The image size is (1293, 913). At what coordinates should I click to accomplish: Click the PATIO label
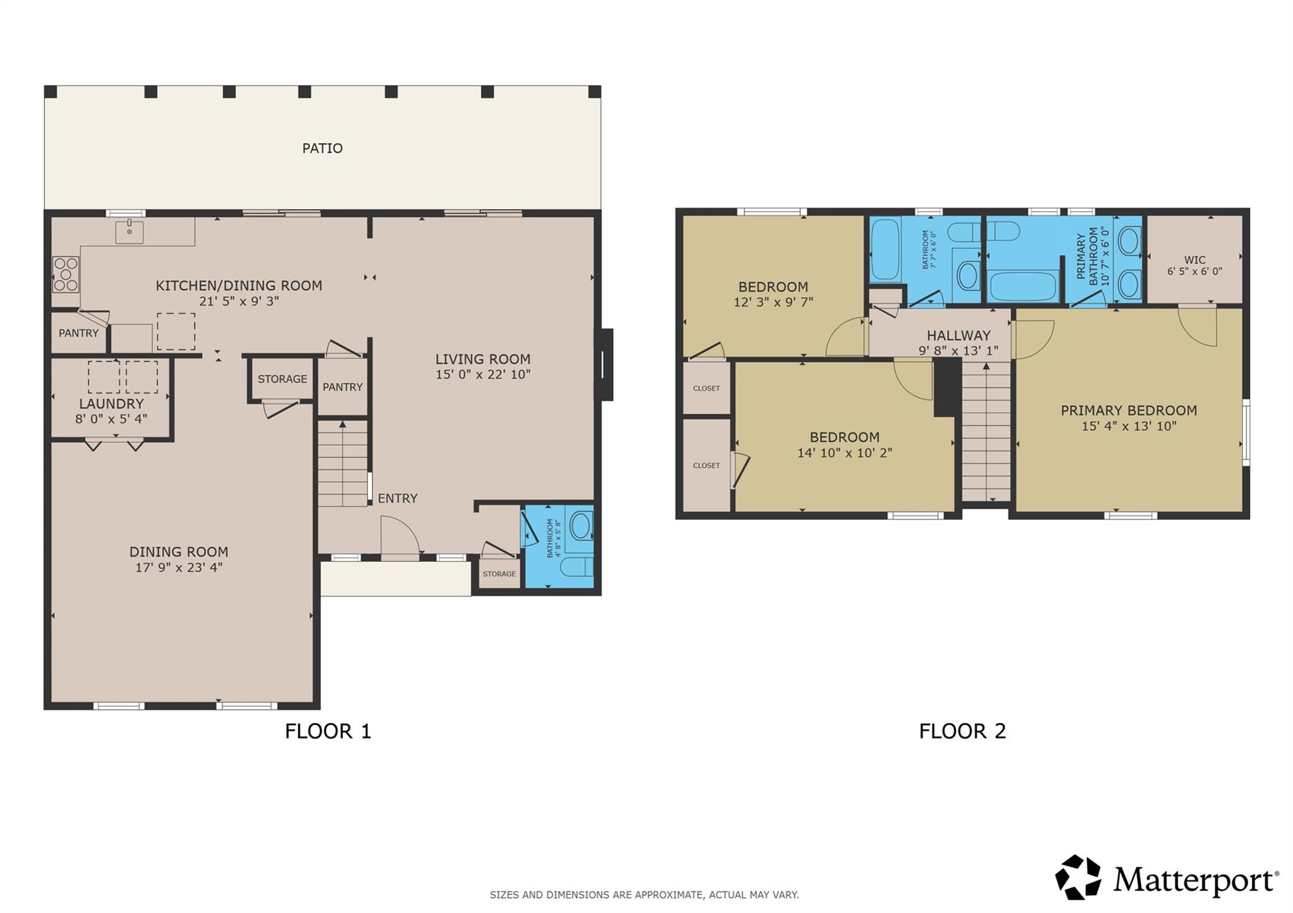click(x=322, y=148)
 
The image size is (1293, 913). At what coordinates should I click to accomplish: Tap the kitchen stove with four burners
click(x=66, y=274)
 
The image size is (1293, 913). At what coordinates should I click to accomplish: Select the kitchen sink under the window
click(x=129, y=232)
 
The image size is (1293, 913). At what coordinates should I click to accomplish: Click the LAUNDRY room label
click(x=111, y=404)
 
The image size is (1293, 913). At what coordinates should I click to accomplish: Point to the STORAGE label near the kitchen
click(x=282, y=379)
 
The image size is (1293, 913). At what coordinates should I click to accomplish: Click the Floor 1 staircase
click(x=342, y=463)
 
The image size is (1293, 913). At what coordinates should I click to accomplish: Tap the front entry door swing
click(x=400, y=536)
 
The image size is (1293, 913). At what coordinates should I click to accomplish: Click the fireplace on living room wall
click(x=605, y=364)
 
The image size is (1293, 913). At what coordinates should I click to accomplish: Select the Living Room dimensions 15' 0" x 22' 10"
click(x=482, y=375)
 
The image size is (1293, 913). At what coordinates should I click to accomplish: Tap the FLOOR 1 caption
click(x=328, y=731)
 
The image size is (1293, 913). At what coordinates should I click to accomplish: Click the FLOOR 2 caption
click(x=962, y=731)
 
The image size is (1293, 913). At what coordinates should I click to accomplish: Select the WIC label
click(x=1195, y=260)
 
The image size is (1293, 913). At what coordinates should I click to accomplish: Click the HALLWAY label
click(x=958, y=336)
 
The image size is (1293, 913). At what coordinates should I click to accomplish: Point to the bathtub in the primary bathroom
click(x=1023, y=286)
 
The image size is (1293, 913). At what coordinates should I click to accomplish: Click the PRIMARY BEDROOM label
click(x=1128, y=411)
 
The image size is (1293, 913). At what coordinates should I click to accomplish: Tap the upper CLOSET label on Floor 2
click(x=706, y=389)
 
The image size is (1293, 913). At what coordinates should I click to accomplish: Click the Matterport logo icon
click(x=1078, y=878)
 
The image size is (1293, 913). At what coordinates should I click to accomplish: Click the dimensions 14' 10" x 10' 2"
click(x=844, y=453)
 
